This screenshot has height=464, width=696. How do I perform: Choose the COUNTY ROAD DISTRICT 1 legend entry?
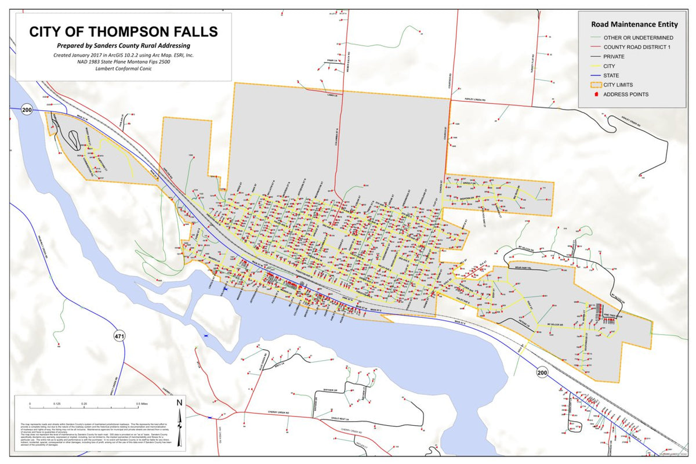pyautogui.click(x=637, y=47)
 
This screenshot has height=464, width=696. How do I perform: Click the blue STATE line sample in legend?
pyautogui.click(x=592, y=75)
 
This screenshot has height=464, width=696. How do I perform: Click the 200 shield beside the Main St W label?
pyautogui.click(x=26, y=110)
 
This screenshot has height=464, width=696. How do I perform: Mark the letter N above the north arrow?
pyautogui.click(x=180, y=403)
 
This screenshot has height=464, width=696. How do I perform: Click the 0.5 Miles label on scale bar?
pyautogui.click(x=143, y=403)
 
